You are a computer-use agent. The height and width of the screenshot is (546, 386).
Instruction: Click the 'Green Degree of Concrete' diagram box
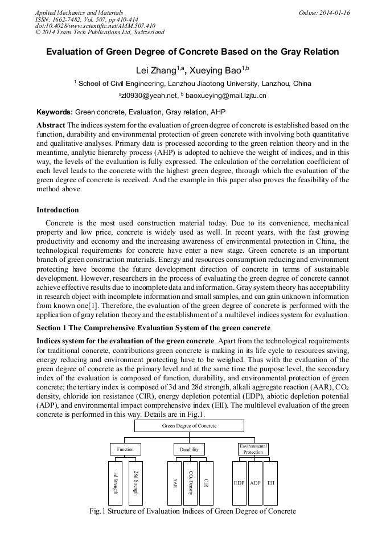coord(189,425)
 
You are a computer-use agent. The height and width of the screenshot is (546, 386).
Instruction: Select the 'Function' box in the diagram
coord(125,449)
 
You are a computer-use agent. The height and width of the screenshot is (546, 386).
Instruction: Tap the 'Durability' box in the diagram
coord(189,449)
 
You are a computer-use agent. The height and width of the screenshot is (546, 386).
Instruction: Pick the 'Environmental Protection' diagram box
coord(253,449)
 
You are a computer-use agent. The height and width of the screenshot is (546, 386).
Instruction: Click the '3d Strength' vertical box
coord(115,483)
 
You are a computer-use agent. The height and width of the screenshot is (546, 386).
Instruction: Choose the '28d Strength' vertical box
coord(135,483)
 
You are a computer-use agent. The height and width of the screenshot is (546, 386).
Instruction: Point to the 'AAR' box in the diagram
coord(174,483)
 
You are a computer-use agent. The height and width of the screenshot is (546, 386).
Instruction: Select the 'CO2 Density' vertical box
coord(190,483)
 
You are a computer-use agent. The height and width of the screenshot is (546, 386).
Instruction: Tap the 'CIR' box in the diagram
coord(206,483)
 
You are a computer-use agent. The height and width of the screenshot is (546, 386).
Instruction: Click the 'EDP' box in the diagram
coord(239,483)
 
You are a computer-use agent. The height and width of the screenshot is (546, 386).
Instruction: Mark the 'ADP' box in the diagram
coord(255,483)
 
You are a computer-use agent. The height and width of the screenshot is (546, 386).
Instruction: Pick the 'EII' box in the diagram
coord(271,483)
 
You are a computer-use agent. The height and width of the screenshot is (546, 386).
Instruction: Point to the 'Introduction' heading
coord(58,210)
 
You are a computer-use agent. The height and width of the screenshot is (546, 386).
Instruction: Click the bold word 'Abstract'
coord(51,125)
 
